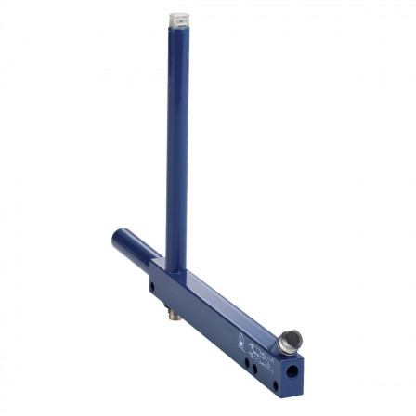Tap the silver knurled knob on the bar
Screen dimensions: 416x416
pos(290,342)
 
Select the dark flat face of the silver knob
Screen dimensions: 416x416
pos(292,338)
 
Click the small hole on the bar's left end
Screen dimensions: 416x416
pos(152,287)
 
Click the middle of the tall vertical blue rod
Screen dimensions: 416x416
pos(176,149)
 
